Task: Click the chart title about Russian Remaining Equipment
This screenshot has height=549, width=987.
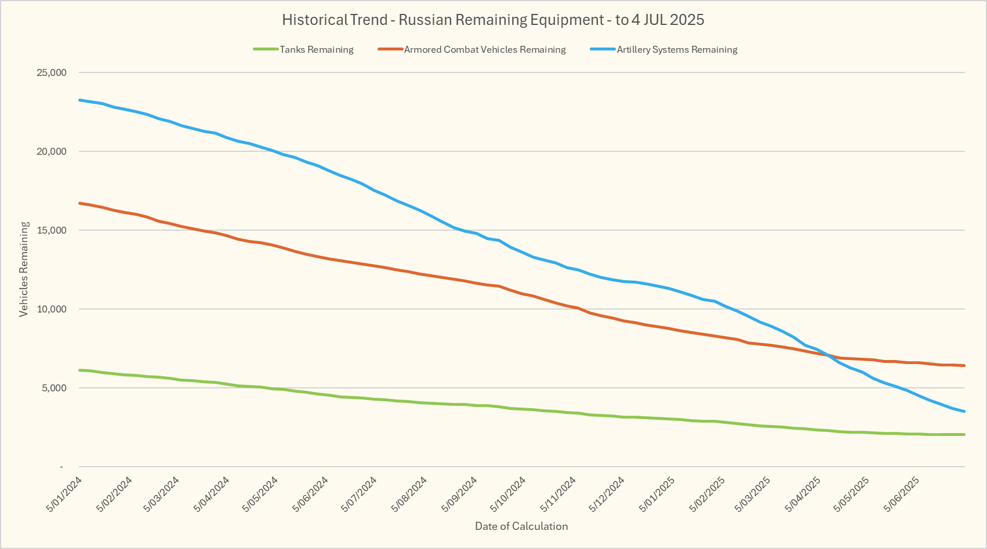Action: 493,20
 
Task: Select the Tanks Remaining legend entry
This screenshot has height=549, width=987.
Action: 316,50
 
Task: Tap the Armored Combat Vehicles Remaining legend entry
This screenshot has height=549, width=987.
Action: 484,50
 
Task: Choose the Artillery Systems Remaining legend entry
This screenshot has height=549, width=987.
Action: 676,50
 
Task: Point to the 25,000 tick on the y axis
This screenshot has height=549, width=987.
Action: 52,73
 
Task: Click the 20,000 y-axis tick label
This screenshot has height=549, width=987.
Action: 52,152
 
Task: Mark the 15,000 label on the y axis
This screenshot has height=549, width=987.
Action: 52,231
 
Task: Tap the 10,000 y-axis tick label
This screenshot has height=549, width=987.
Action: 52,310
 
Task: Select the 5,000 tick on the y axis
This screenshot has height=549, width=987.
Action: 54,388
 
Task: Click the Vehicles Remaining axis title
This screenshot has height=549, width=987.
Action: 24,270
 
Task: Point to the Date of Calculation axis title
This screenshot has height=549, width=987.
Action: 521,526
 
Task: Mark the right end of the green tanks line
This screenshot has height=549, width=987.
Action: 964,434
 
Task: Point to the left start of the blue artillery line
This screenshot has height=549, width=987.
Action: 79,100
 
